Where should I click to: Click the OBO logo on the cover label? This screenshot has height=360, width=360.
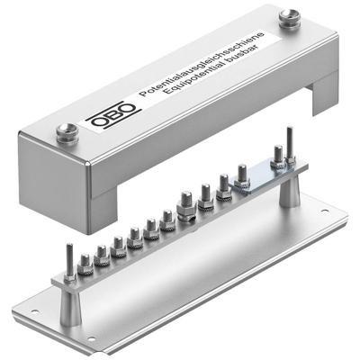coord(113,116)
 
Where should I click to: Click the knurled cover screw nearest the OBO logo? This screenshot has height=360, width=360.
coord(67,133)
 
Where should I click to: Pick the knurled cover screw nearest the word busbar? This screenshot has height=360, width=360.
coord(290,18)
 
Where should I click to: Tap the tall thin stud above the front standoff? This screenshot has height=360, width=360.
coord(69,262)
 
